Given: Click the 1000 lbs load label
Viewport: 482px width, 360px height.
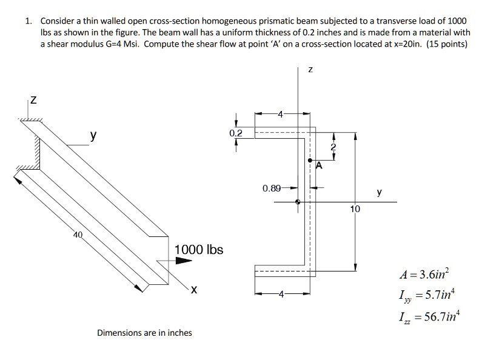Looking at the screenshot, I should coord(199,250).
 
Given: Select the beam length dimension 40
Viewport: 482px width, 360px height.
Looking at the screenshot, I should coord(77,235).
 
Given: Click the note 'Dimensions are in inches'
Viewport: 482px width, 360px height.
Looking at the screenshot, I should coord(144,332).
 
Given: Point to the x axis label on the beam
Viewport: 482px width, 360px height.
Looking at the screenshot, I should coord(193,290).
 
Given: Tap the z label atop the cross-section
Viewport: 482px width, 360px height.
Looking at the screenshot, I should coord(310,71).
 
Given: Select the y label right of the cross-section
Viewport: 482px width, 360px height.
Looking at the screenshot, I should coord(379,192).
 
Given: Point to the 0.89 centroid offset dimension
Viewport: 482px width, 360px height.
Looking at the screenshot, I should coord(272,188).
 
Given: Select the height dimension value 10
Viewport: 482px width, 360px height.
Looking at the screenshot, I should coord(355,208).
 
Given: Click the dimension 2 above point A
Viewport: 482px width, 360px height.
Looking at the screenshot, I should coord(332,147).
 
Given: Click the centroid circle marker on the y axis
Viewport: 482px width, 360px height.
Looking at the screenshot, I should coord(297,202).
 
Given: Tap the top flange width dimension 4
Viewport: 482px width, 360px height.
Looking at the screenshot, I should coord(280,113).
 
